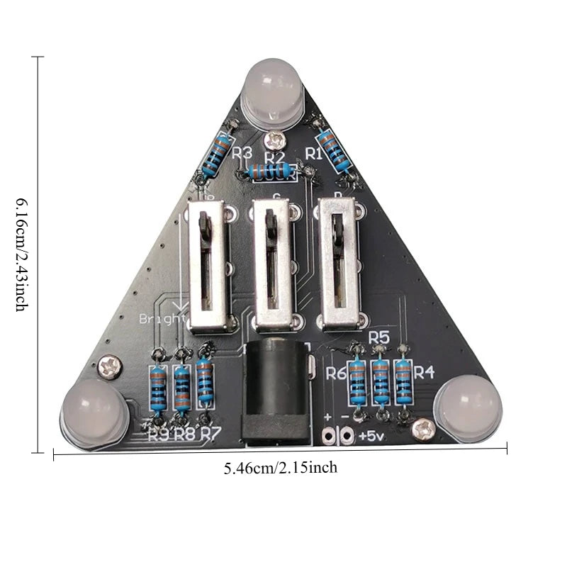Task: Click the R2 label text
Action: tap(275, 157)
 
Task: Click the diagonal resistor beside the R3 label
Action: tap(217, 155)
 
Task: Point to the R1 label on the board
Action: tap(314, 152)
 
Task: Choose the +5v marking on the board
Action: tap(372, 435)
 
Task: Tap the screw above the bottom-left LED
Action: tap(110, 365)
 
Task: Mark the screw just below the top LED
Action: tap(273, 140)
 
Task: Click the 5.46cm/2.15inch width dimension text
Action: tap(280, 468)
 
